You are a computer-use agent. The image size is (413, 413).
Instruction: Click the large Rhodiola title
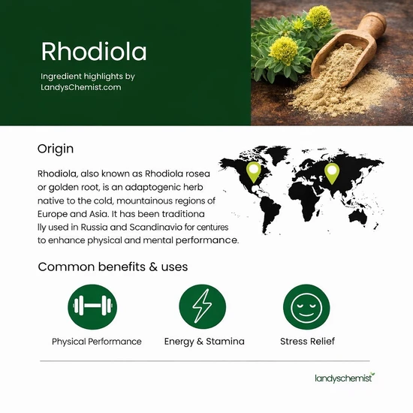(x=94, y=51)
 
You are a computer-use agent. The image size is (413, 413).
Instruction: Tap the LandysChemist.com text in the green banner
(x=81, y=87)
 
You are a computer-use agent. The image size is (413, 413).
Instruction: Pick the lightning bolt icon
(x=203, y=305)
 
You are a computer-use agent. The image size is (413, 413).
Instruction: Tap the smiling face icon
(x=306, y=305)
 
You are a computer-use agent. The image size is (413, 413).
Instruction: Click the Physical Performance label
(x=96, y=342)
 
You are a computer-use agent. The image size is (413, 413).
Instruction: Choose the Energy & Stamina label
(x=204, y=342)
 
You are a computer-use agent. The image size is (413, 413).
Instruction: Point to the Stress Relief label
(x=307, y=342)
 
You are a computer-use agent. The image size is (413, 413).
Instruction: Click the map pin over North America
(x=254, y=173)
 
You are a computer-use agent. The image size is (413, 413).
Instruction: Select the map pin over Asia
(x=331, y=173)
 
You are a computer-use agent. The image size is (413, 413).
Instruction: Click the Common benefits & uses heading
(x=113, y=267)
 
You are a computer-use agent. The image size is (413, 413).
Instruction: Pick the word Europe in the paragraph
(x=55, y=213)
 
